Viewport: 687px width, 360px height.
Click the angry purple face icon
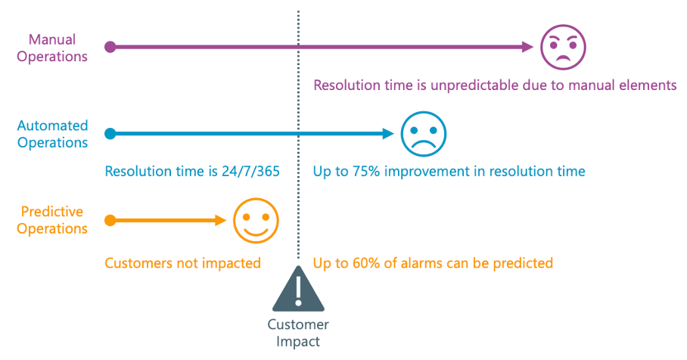[563, 47]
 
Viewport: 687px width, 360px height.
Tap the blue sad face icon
[423, 134]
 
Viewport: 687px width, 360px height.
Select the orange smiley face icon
[256, 220]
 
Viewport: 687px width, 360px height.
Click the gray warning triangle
[298, 289]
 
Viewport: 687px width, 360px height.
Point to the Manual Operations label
[52, 48]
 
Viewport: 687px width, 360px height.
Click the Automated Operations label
[52, 134]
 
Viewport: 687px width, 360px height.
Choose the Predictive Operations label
[52, 220]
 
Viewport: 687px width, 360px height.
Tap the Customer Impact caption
[298, 333]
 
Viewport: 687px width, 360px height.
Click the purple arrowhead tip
[533, 47]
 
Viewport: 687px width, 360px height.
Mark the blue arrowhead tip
[394, 134]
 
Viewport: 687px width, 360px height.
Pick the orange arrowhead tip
[226, 220]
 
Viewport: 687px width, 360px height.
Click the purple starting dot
[110, 47]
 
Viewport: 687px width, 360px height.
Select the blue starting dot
[110, 134]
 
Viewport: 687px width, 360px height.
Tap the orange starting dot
[110, 220]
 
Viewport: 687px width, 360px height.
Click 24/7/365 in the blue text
[250, 171]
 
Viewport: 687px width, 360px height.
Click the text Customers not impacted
[182, 263]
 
